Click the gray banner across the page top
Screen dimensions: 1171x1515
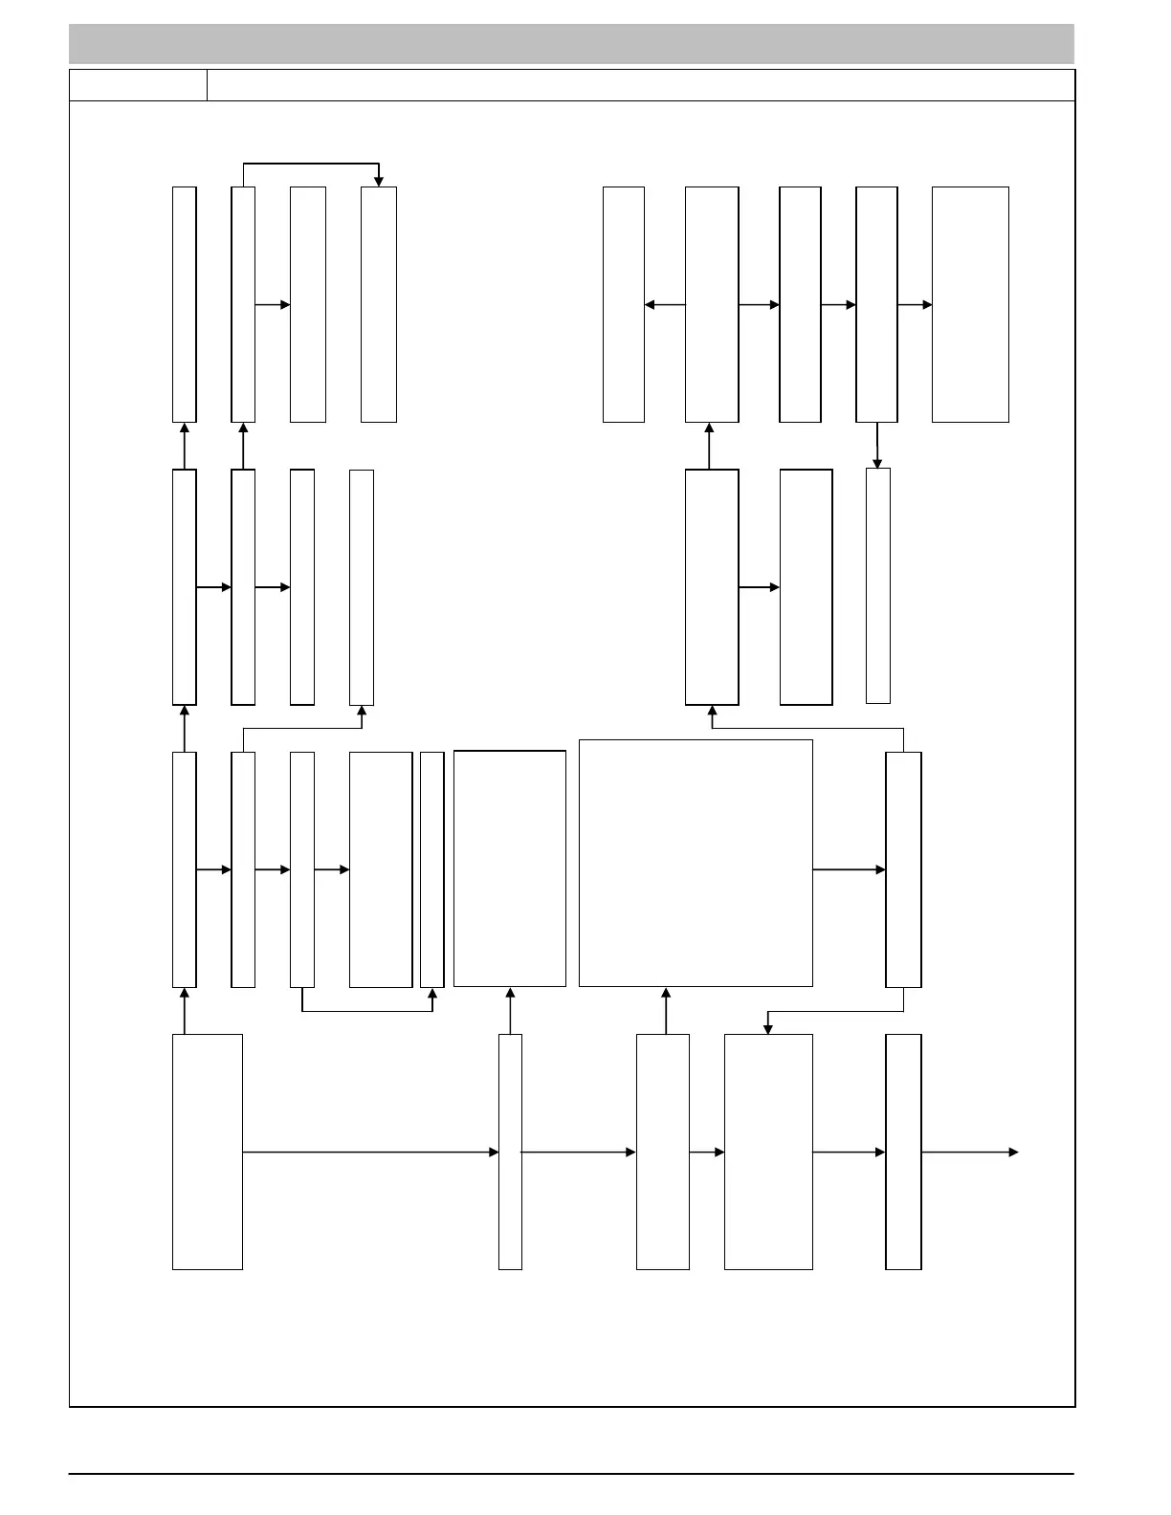coord(571,44)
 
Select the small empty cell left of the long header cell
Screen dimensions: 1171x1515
coord(138,85)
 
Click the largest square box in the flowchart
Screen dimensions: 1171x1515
coord(696,863)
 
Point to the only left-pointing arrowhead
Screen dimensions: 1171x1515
coord(651,305)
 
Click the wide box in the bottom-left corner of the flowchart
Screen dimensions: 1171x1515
coord(207,1152)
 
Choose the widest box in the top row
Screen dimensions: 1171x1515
coord(970,304)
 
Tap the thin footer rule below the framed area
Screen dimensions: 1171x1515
coord(571,1474)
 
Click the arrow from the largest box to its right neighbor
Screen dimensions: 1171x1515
coord(849,869)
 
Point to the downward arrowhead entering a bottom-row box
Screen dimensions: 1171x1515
coord(767,1028)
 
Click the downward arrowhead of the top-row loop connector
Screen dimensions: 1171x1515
coord(379,181)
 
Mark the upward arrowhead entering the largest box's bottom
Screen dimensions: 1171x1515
coord(666,994)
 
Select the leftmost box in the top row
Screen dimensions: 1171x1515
coord(185,304)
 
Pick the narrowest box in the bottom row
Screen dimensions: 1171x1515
coord(510,1152)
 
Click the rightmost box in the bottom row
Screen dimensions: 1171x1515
coord(903,1152)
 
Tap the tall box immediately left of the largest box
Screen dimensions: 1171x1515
coord(509,868)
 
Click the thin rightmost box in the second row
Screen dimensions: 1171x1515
coord(878,585)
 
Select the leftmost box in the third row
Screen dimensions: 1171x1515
coord(185,869)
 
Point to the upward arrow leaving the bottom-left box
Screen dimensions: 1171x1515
coord(185,1011)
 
